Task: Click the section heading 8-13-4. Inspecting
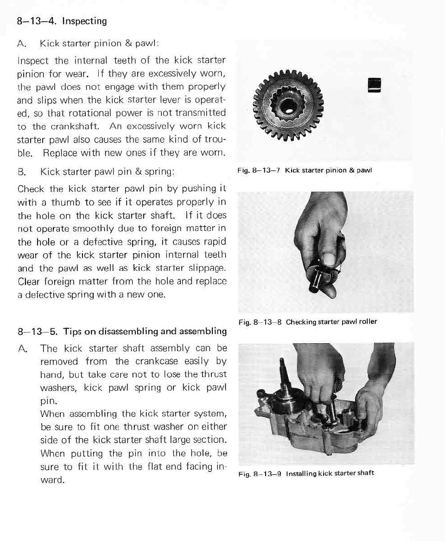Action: click(x=62, y=21)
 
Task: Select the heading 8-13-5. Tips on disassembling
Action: click(x=121, y=331)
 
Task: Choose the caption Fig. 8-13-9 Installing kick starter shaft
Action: click(x=305, y=473)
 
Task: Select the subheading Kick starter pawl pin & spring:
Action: click(x=107, y=172)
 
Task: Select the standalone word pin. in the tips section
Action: click(x=48, y=401)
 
